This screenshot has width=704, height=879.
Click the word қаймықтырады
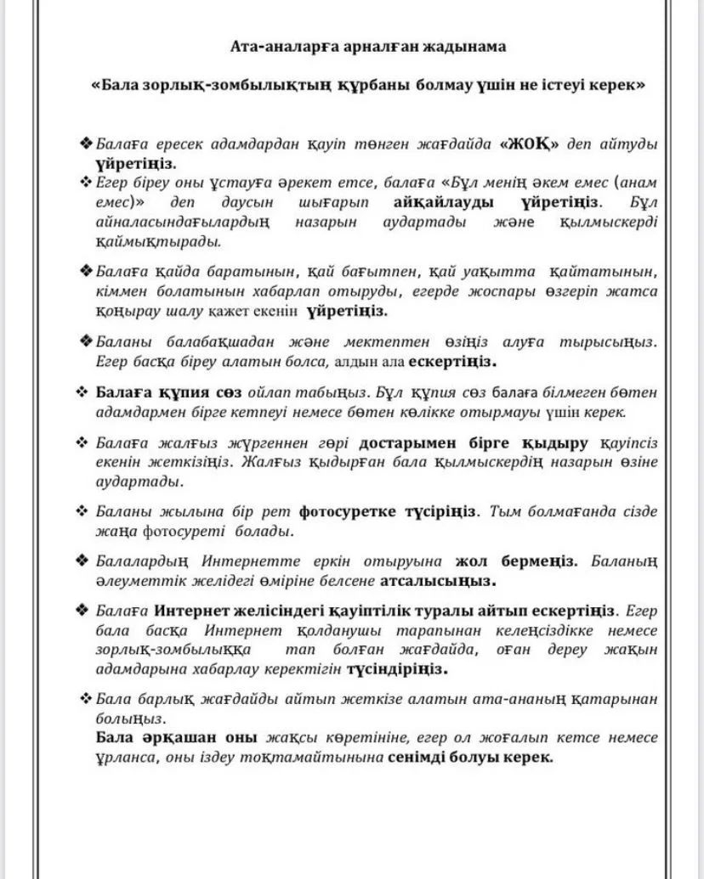tap(157, 240)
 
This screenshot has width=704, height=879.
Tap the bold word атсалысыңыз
tap(437, 581)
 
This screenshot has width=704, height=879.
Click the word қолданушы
tap(349, 631)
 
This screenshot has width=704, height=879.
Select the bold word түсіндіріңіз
tap(397, 668)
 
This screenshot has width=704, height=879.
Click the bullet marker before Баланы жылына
tap(83, 511)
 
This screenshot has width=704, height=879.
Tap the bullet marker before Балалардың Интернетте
tap(83, 561)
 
